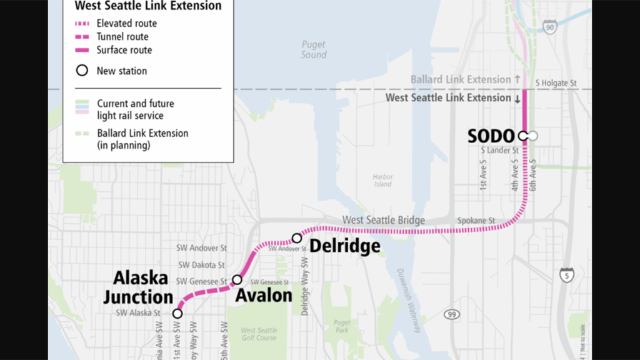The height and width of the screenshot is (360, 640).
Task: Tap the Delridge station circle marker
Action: click(x=297, y=237)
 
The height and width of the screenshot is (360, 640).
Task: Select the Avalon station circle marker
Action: click(x=237, y=279)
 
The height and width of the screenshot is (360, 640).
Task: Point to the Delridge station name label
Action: click(x=345, y=246)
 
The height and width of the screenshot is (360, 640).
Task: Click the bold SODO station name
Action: click(x=491, y=136)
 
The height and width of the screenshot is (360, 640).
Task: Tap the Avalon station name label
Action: click(x=264, y=295)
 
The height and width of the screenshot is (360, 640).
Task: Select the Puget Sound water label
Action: click(x=314, y=49)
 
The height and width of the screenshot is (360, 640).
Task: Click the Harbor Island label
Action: click(x=382, y=180)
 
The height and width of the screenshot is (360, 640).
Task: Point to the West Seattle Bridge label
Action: click(x=383, y=221)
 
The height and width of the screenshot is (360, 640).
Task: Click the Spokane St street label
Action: click(x=476, y=221)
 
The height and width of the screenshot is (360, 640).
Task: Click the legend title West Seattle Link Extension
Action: click(x=148, y=6)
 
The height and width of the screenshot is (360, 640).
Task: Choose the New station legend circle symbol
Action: click(x=82, y=71)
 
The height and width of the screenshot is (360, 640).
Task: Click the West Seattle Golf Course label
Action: click(x=259, y=334)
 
